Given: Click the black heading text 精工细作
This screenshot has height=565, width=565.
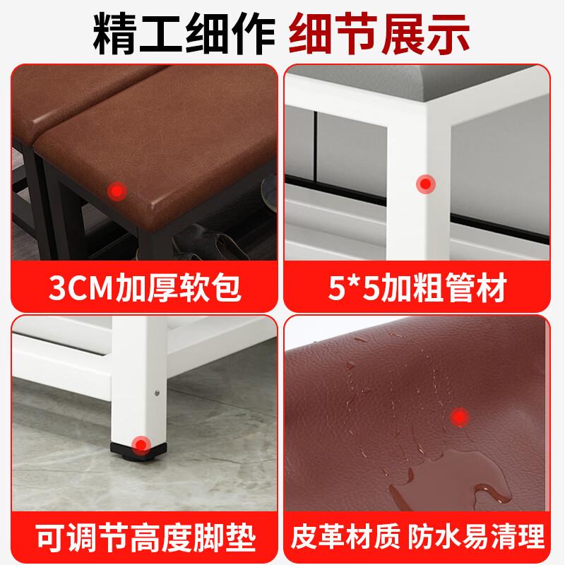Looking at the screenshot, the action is point(184,33).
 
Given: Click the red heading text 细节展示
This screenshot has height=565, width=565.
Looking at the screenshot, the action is point(379,33).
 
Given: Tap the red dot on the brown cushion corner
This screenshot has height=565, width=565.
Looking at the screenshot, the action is point(117,190).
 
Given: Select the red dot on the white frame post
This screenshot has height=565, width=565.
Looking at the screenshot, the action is point(426,184).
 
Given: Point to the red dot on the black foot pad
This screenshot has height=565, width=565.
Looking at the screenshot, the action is point(141,446).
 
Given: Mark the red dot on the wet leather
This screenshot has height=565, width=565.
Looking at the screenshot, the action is point(460,417).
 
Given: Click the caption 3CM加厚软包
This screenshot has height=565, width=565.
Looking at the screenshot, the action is point(145,287).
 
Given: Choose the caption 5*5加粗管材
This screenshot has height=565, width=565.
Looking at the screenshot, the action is point(417,287).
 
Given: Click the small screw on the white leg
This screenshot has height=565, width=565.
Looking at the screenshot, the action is point(157,393).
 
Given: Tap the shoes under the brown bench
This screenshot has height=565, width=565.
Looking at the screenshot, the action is point(202,242).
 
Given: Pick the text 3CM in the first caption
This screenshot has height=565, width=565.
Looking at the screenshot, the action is point(81,287).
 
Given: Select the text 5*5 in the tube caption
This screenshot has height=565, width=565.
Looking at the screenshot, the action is point(355,287).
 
